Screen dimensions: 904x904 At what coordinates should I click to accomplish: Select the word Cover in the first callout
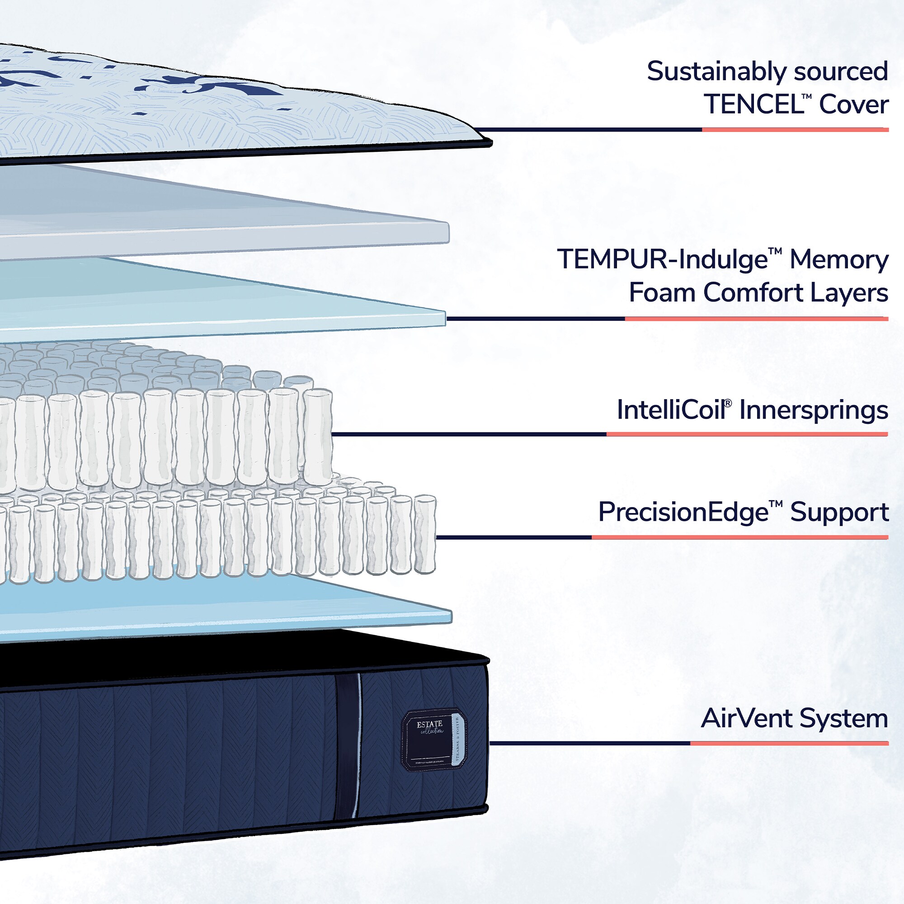853,104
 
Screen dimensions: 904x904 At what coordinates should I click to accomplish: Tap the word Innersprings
813,410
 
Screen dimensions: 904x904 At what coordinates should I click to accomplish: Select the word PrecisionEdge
683,512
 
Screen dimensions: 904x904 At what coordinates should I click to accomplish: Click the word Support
839,512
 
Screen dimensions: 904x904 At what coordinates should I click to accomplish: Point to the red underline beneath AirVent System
789,743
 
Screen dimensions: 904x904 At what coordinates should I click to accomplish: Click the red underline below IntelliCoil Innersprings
747,434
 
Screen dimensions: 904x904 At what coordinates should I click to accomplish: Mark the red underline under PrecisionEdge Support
739,537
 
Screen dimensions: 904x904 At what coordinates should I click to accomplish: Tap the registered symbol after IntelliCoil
728,403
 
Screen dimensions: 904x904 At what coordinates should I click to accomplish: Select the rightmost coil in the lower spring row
425,534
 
